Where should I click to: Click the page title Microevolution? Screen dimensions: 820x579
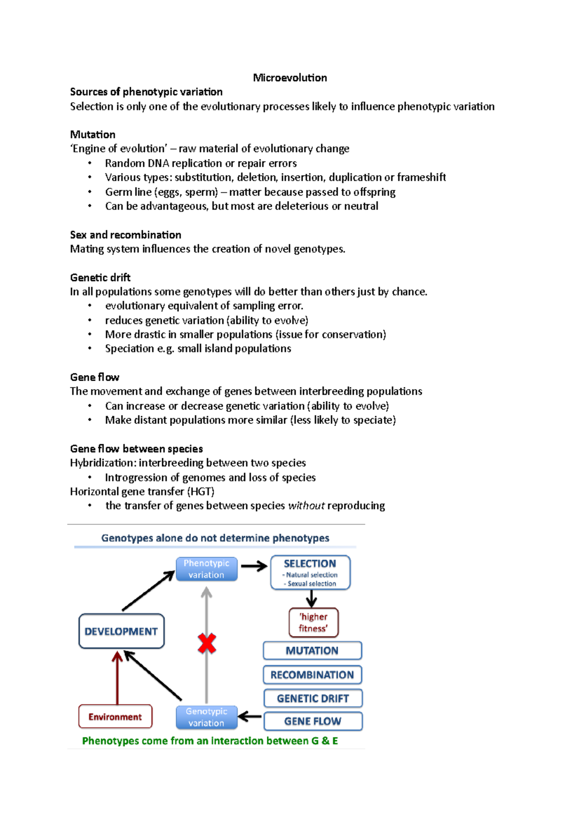tap(289, 78)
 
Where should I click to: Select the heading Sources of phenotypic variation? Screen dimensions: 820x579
tap(146, 92)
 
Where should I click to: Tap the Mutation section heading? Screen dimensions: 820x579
tap(93, 134)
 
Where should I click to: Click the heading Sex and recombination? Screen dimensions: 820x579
tap(125, 235)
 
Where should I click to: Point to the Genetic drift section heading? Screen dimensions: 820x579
tap(100, 277)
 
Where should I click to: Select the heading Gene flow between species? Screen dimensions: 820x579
tap(137, 449)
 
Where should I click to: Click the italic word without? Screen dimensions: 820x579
tap(306, 506)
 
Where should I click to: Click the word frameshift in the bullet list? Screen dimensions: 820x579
tap(421, 177)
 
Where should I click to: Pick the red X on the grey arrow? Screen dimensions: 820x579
tap(207, 644)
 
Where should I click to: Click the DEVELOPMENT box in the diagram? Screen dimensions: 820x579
tap(121, 631)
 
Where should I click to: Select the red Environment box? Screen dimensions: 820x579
tap(115, 717)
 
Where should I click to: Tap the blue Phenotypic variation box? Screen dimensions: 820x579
tap(207, 569)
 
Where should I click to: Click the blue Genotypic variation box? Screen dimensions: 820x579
tap(207, 717)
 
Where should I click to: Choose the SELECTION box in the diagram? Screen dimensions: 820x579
tap(310, 572)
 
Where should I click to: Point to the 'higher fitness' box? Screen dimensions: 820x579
tap(313, 622)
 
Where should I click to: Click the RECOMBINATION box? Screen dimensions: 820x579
tap(312, 675)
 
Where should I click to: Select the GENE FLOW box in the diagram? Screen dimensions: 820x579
tap(313, 721)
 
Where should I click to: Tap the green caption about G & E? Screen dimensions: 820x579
tap(210, 741)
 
